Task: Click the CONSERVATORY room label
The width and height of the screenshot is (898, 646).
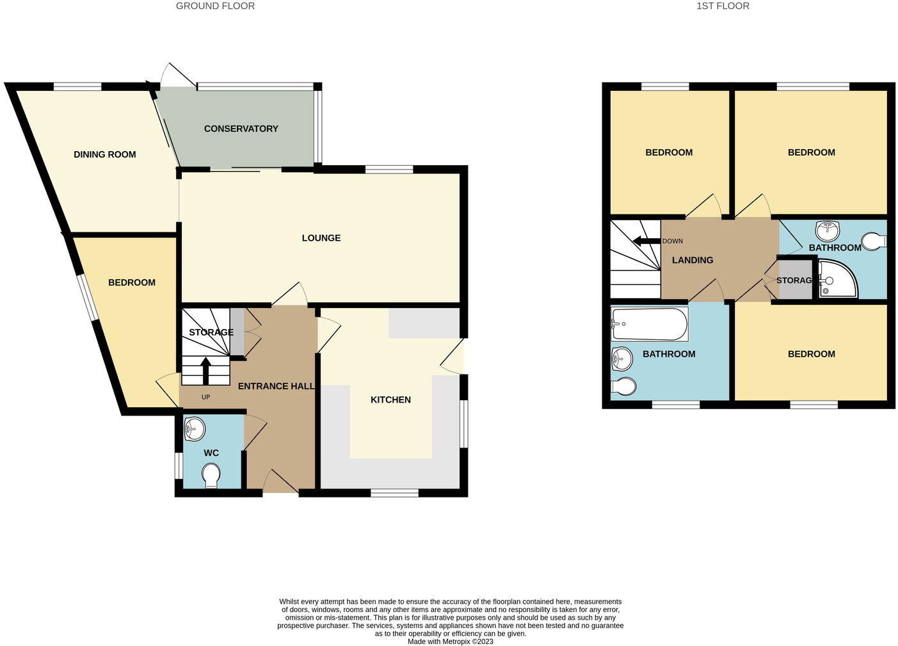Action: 241,129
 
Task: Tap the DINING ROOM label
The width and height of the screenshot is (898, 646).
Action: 104,154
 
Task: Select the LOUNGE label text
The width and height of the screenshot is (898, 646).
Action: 321,238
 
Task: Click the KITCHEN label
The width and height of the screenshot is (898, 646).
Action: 390,400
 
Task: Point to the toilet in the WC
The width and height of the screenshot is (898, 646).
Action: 211,476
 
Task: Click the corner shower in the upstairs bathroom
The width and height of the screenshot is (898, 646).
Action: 837,279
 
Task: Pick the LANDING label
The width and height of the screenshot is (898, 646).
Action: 692,260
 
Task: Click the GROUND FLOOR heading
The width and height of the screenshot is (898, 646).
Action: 215,6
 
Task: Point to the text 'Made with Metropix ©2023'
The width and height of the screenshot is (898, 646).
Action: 451,641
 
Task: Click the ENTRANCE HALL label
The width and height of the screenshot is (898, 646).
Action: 276,386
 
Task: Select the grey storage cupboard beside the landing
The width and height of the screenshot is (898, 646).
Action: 794,280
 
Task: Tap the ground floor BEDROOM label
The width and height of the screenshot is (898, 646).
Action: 131,282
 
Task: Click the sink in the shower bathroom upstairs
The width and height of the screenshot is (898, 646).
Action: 829,229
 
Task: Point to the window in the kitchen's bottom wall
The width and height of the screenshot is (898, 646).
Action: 394,493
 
